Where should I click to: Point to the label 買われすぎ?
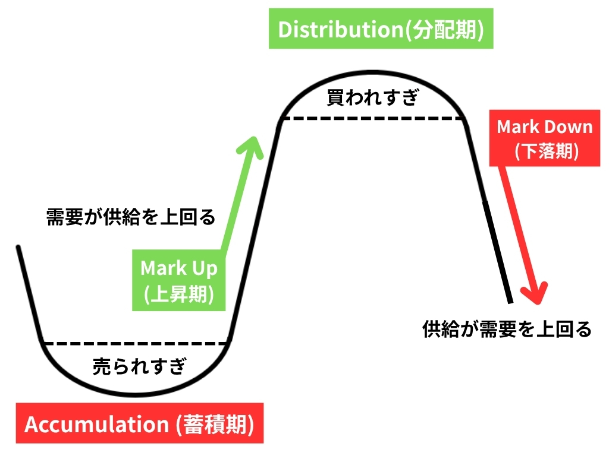point(372,97)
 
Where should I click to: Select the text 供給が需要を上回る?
point(507,328)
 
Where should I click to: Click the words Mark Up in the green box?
point(179,268)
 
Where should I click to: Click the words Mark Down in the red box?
point(545,126)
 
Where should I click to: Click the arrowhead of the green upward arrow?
point(253,146)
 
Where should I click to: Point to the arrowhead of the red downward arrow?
point(533,294)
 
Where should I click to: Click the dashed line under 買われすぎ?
point(372,119)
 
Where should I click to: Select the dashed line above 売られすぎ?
point(136,343)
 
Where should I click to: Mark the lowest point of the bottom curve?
point(136,394)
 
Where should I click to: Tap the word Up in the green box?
point(204,268)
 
